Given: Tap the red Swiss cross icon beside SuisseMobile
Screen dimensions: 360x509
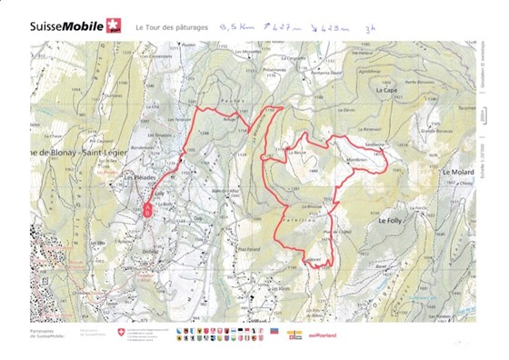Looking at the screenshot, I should point(113,24).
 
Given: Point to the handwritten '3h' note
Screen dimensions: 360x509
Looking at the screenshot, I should point(368,28).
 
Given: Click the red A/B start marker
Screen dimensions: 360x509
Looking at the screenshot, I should point(148,208).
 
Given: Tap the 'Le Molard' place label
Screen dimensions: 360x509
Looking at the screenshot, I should point(458,171).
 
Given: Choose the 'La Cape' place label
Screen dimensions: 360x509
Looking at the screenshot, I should point(389,91).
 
